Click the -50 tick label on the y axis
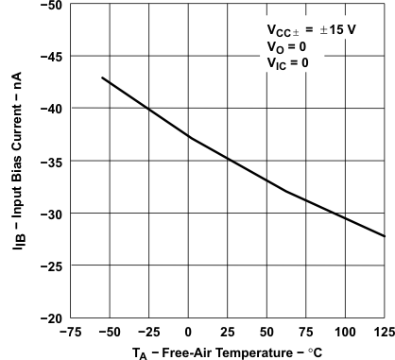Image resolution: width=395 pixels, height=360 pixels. click(x=52, y=6)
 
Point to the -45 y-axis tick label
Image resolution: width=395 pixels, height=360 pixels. click(x=52, y=57)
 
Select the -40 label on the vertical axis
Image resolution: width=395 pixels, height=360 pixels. click(x=52, y=109)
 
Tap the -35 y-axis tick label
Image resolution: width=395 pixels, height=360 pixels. click(x=52, y=161)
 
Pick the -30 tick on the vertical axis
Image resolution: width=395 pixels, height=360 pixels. click(x=52, y=213)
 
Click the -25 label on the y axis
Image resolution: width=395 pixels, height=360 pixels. click(x=52, y=265)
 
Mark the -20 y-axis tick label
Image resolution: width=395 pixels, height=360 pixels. click(x=52, y=317)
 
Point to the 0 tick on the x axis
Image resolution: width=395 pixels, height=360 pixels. click(x=189, y=332)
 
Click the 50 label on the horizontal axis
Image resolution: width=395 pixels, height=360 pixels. click(x=267, y=332)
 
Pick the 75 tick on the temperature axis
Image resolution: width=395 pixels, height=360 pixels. click(x=307, y=332)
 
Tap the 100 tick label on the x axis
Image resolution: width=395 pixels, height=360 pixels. click(x=346, y=332)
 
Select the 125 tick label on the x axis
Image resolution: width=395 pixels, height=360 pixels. click(x=384, y=332)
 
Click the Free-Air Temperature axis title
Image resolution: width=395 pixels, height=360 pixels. click(x=227, y=351)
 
